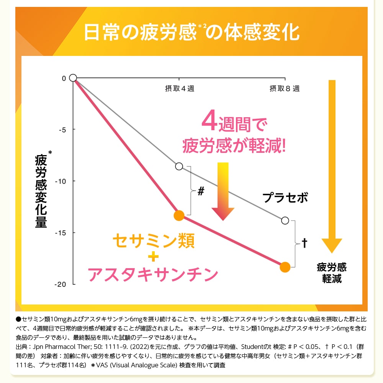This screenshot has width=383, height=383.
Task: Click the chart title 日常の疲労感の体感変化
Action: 191,33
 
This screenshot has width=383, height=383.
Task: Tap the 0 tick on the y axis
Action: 64,78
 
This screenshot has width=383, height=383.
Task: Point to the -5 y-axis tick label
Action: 62,129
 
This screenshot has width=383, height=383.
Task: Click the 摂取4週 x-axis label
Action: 179,89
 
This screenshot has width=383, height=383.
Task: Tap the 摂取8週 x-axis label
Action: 284,89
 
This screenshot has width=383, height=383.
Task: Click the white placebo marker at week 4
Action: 179,166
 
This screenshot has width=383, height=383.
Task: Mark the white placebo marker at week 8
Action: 285,221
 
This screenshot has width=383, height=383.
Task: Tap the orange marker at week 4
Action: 179,216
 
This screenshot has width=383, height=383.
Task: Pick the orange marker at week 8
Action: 285,267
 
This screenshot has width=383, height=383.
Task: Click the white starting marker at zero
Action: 73,78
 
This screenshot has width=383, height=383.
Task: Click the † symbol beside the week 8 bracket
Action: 305,243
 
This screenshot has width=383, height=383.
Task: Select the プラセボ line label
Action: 285,198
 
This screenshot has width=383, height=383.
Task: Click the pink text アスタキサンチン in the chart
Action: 153,274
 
